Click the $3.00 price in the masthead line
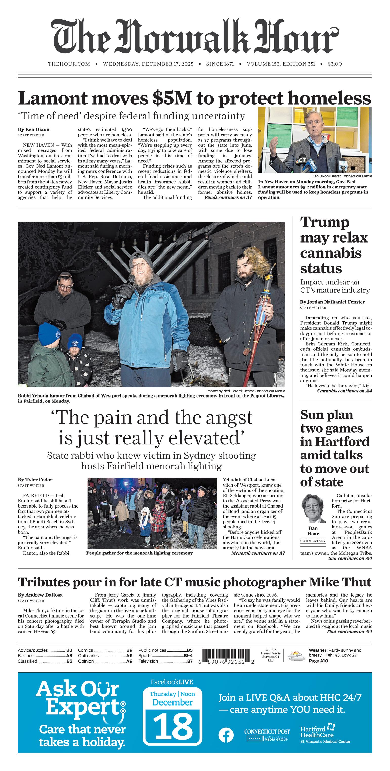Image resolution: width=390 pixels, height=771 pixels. tap(335, 64)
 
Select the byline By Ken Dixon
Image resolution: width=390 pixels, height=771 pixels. tap(34, 130)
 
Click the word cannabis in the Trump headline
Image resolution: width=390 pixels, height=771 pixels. tap(331, 253)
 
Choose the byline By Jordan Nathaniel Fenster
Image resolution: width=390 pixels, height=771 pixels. tap(332, 302)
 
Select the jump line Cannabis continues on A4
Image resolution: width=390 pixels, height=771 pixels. tap(344, 391)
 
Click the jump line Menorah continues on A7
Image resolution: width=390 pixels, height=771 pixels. tap(258, 553)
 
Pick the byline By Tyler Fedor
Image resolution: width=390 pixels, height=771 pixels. tap(35, 480)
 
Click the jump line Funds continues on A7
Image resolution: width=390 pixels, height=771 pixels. tap(228, 197)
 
